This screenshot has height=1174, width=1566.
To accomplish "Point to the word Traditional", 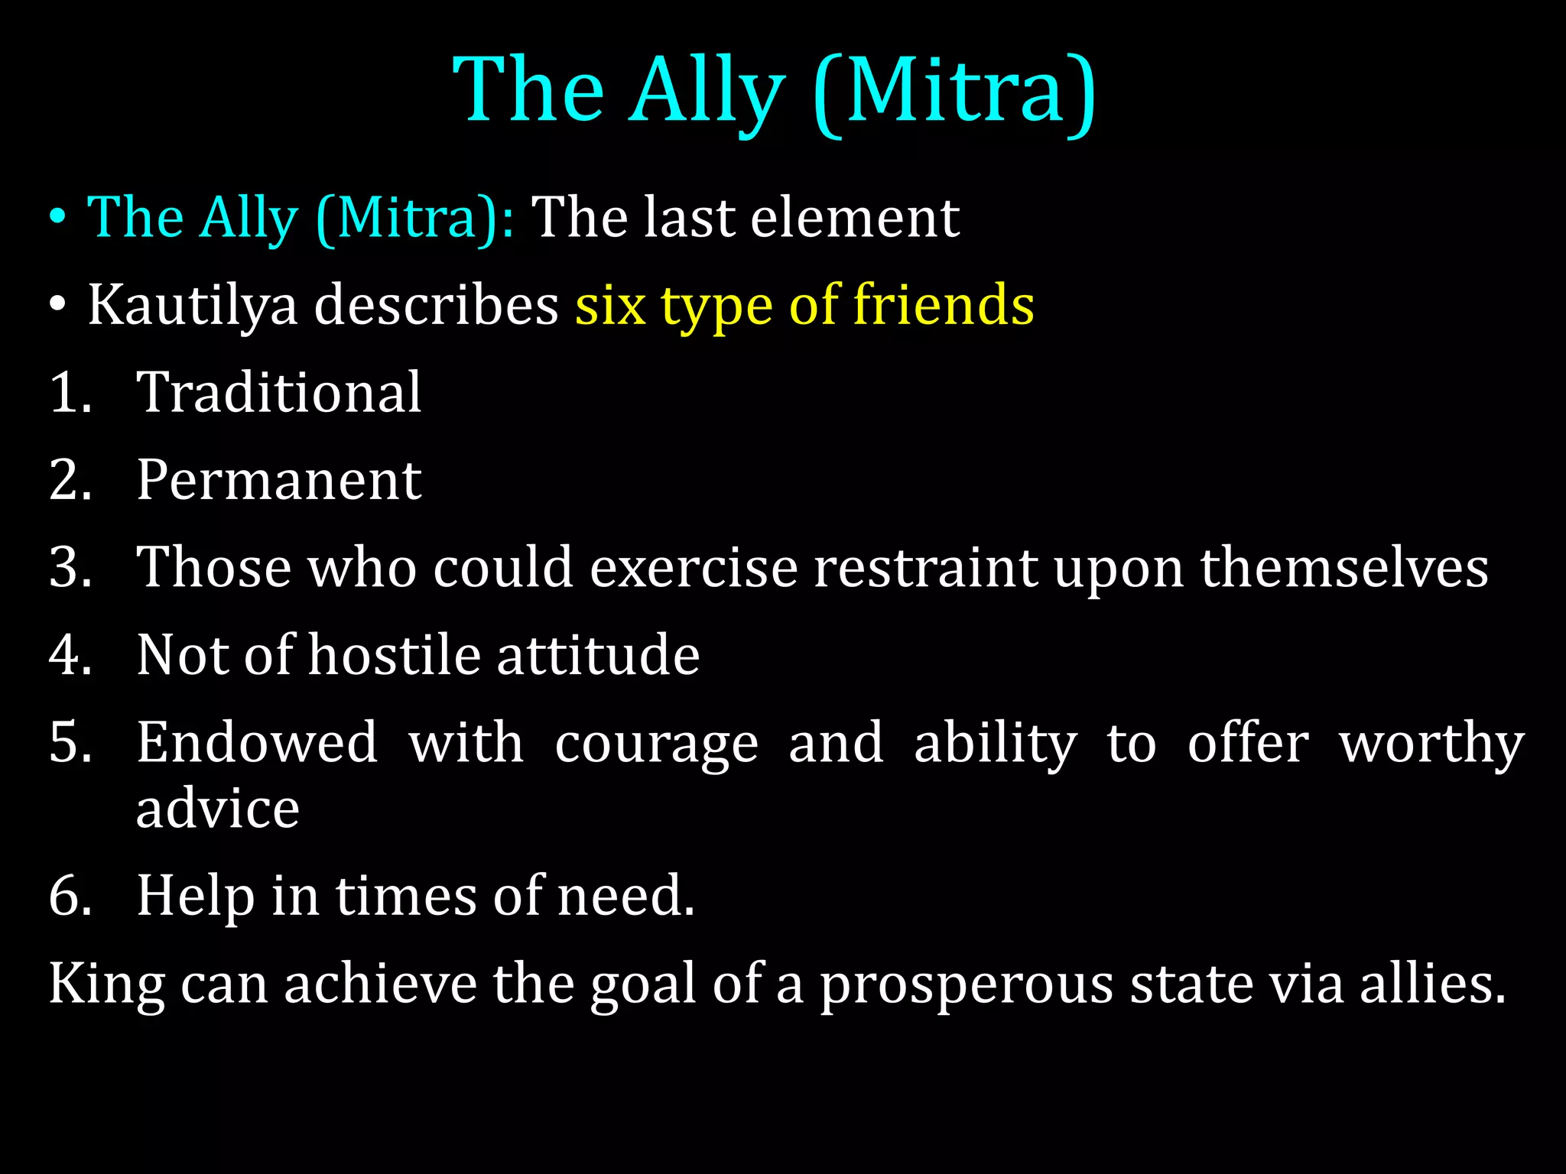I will [279, 393].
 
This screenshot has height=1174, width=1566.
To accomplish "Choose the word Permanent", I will [279, 481].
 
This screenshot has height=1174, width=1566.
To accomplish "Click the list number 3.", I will [65, 568].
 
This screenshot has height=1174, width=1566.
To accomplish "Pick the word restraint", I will [925, 568].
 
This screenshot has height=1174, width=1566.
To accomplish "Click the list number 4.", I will [65, 656].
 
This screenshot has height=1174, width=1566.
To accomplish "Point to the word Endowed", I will [257, 743].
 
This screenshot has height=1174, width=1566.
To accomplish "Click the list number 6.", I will [65, 896].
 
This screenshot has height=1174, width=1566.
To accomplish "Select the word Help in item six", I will [196, 896].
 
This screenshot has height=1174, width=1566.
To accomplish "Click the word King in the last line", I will [107, 984].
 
